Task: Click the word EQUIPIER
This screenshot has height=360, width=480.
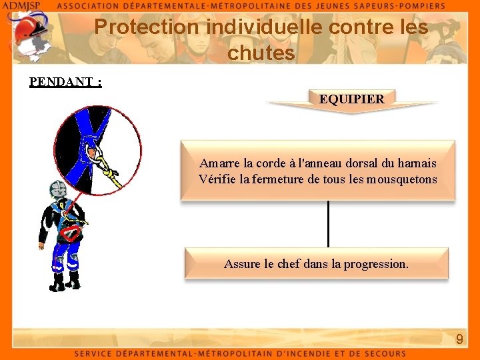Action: coord(351,99)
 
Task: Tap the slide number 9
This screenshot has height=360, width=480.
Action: coord(459,339)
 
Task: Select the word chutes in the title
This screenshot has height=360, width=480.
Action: coord(261,53)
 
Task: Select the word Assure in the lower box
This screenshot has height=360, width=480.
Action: coord(242,264)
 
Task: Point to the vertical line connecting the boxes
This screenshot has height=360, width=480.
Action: coord(328,224)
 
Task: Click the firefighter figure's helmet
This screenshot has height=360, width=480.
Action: coord(59,189)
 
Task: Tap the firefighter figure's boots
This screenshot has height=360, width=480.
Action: coord(65,282)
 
